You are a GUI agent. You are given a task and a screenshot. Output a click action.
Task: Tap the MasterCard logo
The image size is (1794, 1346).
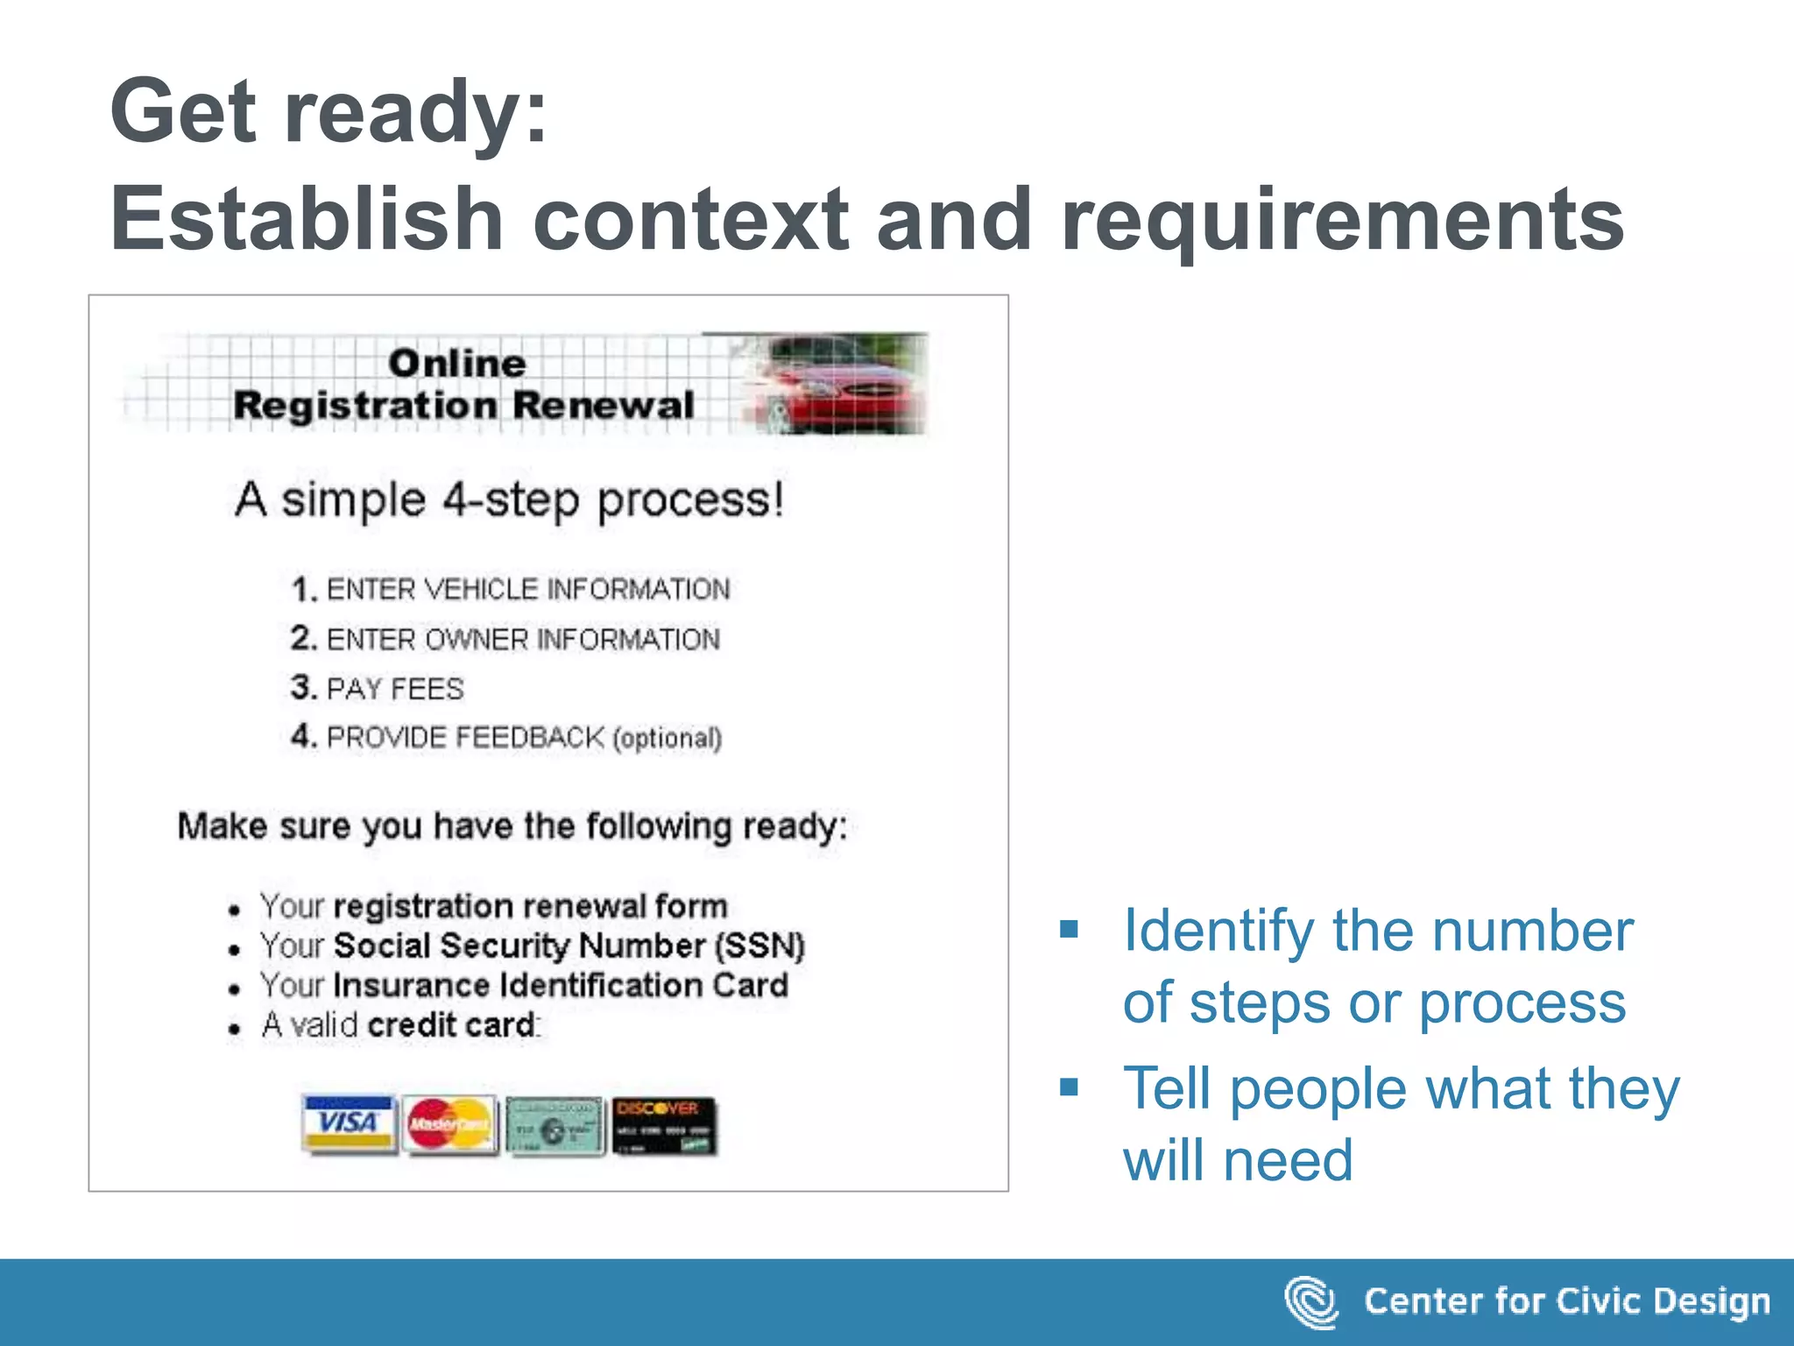[x=449, y=1124]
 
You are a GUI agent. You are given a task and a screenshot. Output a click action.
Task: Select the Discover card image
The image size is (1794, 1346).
[x=664, y=1125]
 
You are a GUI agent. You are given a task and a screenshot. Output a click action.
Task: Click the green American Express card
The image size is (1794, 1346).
[x=555, y=1126]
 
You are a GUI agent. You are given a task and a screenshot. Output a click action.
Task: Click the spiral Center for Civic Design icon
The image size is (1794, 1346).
[x=1310, y=1301]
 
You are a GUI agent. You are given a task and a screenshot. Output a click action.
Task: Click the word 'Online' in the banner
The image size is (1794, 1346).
[x=457, y=364]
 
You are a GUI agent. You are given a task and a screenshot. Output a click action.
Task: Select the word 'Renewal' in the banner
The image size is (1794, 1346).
[x=604, y=406]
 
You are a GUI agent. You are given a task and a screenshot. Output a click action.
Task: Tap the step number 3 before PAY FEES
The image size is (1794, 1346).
[x=301, y=687]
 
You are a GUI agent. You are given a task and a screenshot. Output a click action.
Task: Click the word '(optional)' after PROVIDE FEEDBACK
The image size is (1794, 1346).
[x=667, y=738]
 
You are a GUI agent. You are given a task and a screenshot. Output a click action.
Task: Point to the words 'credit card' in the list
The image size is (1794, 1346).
[x=452, y=1025]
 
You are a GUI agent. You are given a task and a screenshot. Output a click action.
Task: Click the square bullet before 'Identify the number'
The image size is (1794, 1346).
[x=1069, y=929]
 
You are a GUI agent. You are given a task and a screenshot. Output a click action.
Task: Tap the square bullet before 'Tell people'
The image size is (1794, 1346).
[x=1069, y=1087]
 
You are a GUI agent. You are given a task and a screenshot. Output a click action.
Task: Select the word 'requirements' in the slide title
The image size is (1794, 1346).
[x=1342, y=219]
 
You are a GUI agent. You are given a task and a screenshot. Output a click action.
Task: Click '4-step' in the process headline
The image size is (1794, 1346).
[x=511, y=500]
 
